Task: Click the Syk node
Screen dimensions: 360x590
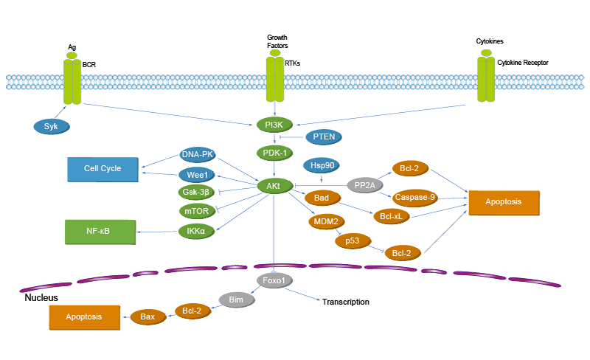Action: pyautogui.click(x=51, y=127)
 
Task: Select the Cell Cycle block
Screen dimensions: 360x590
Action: pyautogui.click(x=102, y=168)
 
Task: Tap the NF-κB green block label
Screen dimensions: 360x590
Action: pyautogui.click(x=98, y=230)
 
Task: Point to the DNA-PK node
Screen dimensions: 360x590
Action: pyautogui.click(x=197, y=154)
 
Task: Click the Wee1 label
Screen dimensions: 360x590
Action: pyautogui.click(x=197, y=175)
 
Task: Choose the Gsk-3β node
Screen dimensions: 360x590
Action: pyautogui.click(x=196, y=193)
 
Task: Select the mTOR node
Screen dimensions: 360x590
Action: pyautogui.click(x=196, y=212)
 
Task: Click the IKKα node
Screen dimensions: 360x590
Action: pyautogui.click(x=196, y=231)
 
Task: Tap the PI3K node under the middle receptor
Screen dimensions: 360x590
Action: pyautogui.click(x=274, y=125)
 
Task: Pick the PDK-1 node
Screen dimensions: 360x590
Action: pyautogui.click(x=274, y=153)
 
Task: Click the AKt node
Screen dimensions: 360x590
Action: pyautogui.click(x=273, y=185)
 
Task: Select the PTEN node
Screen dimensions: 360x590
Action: pyautogui.click(x=324, y=137)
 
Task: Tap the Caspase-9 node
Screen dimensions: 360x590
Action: pyautogui.click(x=414, y=197)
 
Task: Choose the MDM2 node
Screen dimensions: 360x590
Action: pyautogui.click(x=325, y=221)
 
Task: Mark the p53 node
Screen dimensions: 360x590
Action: pyautogui.click(x=352, y=240)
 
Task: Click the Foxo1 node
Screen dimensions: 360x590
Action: pyautogui.click(x=274, y=280)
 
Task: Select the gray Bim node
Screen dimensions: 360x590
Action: pyautogui.click(x=236, y=300)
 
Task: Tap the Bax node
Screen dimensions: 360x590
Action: pyautogui.click(x=147, y=316)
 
